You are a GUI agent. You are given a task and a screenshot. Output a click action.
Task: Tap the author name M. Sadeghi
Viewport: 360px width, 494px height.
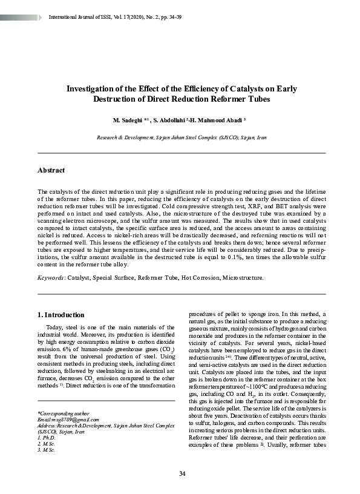pos(129,120)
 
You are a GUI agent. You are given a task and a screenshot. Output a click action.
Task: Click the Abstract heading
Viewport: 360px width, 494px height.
pos(51,171)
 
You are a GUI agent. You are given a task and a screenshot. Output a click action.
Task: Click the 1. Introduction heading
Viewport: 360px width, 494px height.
pos(61,315)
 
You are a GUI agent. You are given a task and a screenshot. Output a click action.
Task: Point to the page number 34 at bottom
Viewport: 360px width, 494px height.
pos(182,472)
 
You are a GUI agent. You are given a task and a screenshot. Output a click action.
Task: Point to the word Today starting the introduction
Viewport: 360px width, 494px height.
pos(56,328)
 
